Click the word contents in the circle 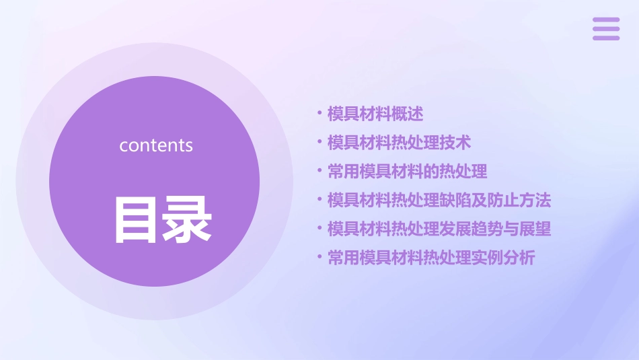click(x=156, y=145)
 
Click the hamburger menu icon click(x=606, y=29)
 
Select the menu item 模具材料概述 click(x=375, y=114)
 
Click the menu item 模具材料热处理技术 click(x=399, y=143)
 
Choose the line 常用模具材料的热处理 click(x=407, y=172)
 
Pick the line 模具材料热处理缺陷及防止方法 click(x=439, y=200)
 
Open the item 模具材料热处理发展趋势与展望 click(x=439, y=229)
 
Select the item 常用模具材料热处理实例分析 click(x=431, y=258)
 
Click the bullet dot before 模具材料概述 click(x=319, y=113)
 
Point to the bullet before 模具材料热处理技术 click(x=319, y=142)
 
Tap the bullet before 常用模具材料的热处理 click(x=319, y=171)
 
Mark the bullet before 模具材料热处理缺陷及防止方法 click(x=319, y=200)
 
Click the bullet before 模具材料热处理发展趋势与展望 click(x=319, y=229)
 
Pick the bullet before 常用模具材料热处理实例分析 click(x=319, y=258)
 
